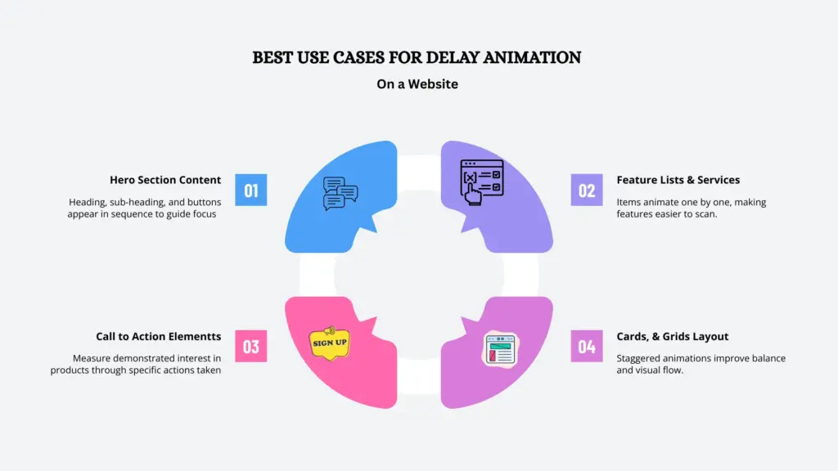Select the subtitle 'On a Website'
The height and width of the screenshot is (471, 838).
click(x=418, y=83)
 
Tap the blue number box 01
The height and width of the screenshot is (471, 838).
click(x=251, y=190)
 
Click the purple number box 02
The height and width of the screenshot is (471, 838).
click(x=587, y=190)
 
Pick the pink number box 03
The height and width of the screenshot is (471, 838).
click(x=251, y=346)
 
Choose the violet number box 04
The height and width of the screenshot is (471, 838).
click(x=587, y=346)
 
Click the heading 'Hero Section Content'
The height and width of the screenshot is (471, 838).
click(x=165, y=180)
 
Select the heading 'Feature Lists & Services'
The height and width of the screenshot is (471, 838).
click(x=678, y=180)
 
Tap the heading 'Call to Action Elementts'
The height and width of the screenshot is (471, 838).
click(x=159, y=336)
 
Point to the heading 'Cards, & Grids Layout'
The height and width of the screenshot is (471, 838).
click(x=673, y=336)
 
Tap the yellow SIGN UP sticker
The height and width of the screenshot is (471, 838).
click(x=330, y=342)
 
